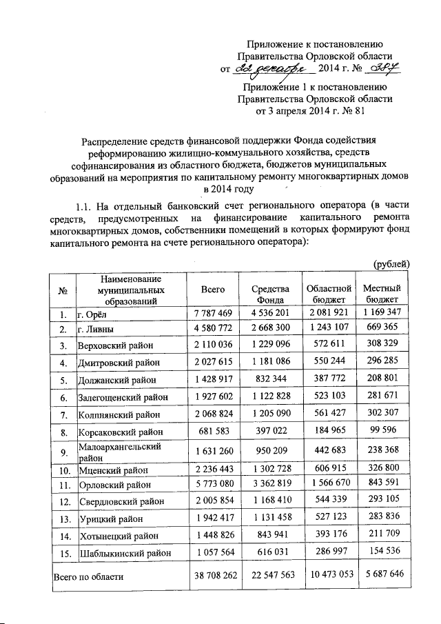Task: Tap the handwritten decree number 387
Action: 387,69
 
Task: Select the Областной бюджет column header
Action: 329,294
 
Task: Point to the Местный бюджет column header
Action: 385,294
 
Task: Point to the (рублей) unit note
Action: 391,264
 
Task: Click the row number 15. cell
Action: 62,553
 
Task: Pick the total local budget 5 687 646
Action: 385,574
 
